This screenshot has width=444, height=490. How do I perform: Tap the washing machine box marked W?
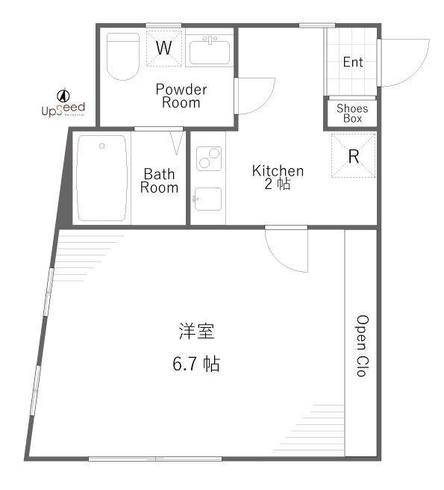click(x=164, y=49)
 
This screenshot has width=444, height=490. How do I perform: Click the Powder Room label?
click(x=181, y=96)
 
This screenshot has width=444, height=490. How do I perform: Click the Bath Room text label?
click(x=159, y=181)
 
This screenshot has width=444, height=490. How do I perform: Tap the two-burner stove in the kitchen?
click(x=208, y=158)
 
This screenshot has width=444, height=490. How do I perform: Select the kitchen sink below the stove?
click(x=208, y=199)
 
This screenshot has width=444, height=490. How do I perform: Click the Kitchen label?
click(x=277, y=176)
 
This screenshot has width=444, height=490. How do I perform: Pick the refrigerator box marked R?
click(x=354, y=156)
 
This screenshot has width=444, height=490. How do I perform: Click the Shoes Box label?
click(x=352, y=114)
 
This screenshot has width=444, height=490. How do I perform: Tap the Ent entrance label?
click(x=352, y=62)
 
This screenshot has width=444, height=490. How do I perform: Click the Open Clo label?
click(x=361, y=344)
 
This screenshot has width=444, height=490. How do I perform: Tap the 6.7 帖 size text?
click(x=196, y=365)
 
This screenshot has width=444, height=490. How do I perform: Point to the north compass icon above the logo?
click(x=63, y=94)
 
